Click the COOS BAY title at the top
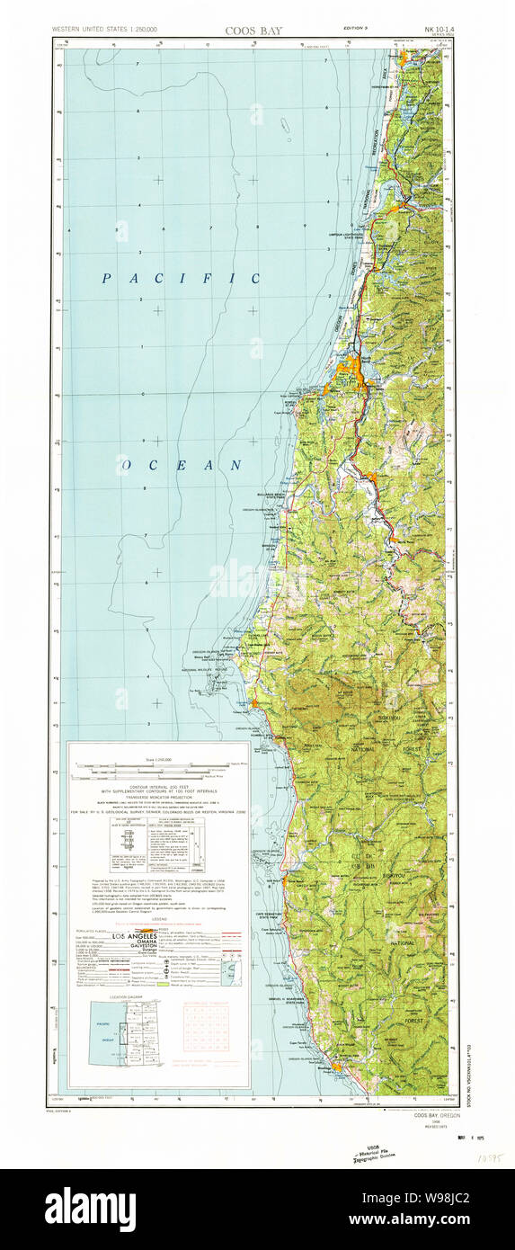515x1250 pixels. point(253,31)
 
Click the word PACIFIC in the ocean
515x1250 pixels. point(180,279)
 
